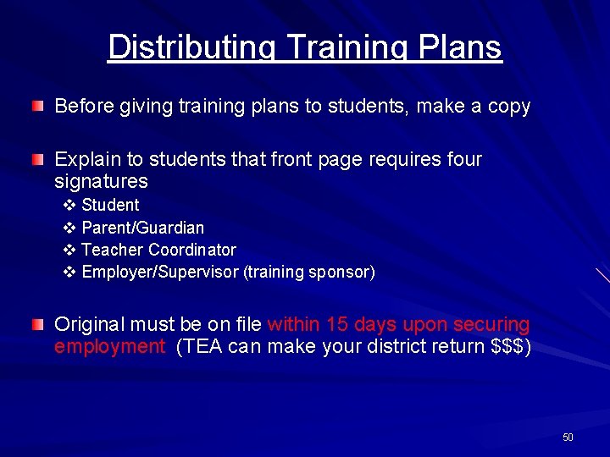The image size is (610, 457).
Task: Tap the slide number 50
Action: point(568,438)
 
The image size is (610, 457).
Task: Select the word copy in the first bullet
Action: point(509,107)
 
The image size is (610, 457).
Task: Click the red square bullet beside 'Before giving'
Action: point(37,107)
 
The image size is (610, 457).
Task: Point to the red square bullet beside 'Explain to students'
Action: point(37,159)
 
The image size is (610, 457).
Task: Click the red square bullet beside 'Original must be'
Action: point(37,324)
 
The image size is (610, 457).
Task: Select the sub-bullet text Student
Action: point(110,205)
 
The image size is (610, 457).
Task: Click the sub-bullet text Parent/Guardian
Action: point(142,228)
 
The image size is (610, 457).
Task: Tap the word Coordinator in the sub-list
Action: point(191,250)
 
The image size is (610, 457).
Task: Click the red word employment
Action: point(109,347)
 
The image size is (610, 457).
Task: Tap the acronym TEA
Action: point(200,347)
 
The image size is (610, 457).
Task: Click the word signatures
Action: point(101,182)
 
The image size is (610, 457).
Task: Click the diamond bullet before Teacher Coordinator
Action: point(69,250)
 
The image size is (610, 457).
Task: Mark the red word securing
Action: point(491,325)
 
